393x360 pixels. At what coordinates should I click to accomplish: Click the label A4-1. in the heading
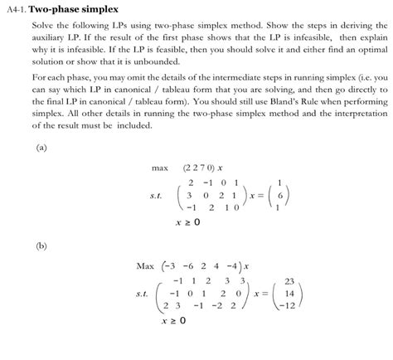point(16,8)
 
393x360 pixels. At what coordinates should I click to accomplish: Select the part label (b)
point(41,246)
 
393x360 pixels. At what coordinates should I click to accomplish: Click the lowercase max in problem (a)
point(160,168)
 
